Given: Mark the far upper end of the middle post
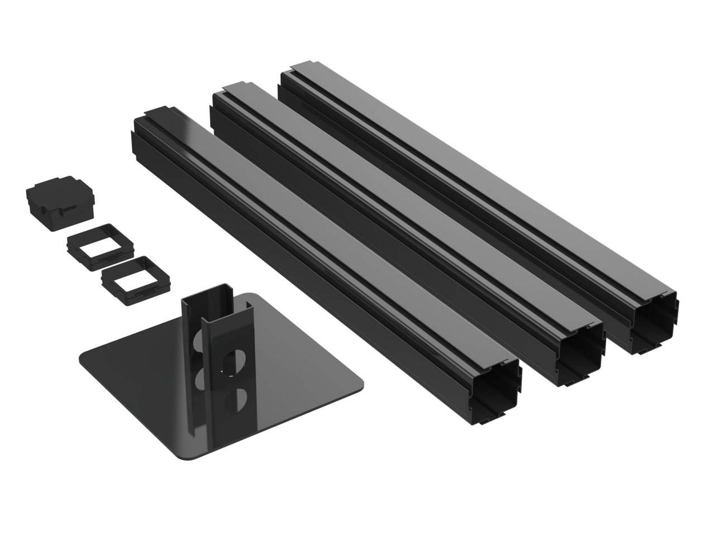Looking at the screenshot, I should point(229,93).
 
